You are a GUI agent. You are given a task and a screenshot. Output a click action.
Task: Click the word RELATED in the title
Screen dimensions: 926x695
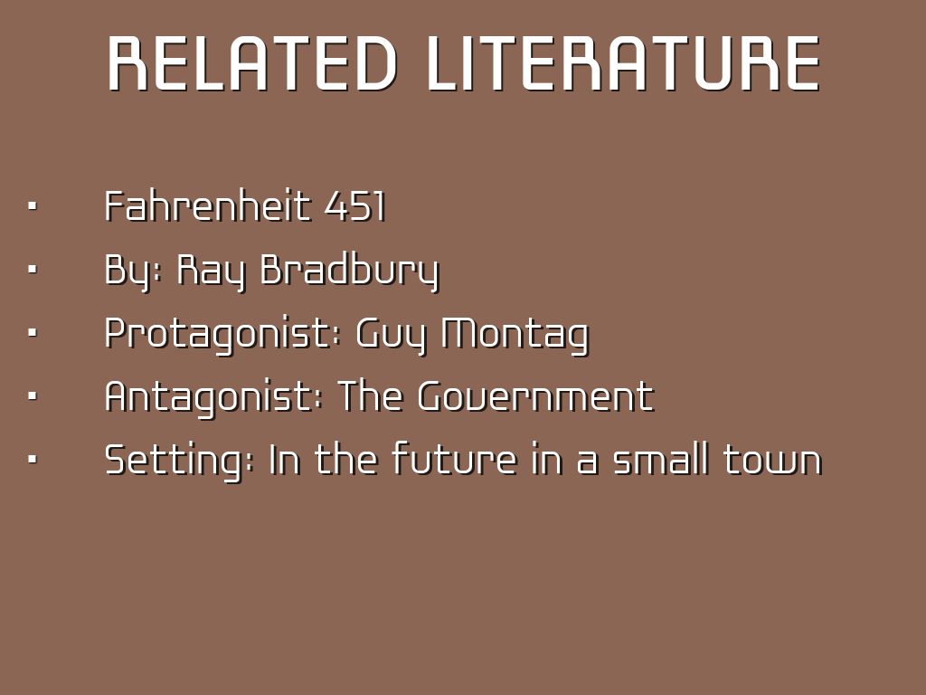pos(252,64)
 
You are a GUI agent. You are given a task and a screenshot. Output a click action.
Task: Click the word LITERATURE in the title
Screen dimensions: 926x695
pos(624,64)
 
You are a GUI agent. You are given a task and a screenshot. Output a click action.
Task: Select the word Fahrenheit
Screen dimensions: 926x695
pos(207,206)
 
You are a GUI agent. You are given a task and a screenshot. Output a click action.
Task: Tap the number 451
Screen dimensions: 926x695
pos(354,206)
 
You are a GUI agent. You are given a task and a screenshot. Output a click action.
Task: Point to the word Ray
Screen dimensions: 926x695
pos(211,271)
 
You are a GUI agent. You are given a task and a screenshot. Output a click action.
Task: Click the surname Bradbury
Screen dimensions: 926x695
pos(350,271)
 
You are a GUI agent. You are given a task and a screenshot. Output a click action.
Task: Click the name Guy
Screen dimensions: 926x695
pos(391,335)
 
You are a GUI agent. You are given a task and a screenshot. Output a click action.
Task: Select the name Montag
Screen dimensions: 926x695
pos(515,335)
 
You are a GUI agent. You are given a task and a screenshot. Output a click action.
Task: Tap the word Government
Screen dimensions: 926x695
pos(536,396)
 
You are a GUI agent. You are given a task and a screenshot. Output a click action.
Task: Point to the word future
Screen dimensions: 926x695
pos(454,459)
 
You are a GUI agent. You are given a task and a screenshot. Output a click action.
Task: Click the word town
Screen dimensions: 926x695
pos(773,460)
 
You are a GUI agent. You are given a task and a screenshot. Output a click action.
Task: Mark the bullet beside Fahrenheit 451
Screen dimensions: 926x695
pos(33,206)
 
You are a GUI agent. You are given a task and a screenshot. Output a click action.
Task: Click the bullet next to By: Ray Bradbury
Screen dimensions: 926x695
pos(33,270)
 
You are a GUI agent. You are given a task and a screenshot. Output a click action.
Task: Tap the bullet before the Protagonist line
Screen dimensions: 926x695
pos(33,333)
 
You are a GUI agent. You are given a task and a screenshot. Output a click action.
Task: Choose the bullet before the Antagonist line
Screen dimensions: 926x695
pos(33,396)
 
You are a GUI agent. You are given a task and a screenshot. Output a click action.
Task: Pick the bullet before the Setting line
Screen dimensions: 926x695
pos(33,459)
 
